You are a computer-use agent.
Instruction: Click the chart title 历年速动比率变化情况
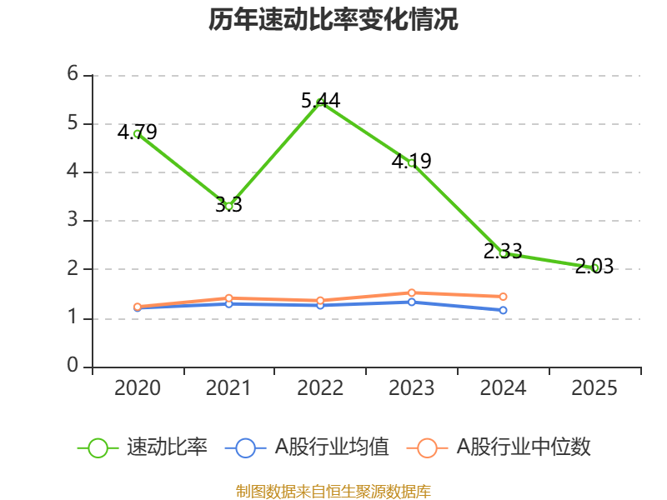point(333,20)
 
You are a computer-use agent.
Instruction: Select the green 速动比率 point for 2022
point(320,102)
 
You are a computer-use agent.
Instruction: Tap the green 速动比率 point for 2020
point(138,133)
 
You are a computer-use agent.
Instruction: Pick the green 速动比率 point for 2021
point(228,206)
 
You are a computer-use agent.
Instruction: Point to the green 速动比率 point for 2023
point(411,163)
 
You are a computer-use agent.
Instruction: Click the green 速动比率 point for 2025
point(594,267)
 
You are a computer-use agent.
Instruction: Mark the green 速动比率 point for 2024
point(503,252)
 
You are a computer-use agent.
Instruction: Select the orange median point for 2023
point(411,292)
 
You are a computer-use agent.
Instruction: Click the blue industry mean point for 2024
point(503,310)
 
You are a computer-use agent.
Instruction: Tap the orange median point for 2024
point(503,297)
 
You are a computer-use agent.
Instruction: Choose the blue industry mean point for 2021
point(228,303)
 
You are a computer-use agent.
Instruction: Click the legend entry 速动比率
point(143,447)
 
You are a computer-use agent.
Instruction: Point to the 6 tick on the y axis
point(73,75)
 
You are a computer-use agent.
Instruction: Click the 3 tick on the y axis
point(73,221)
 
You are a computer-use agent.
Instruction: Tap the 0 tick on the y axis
point(73,367)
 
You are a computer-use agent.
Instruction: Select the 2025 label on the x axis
point(594,388)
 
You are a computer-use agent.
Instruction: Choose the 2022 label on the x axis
point(320,388)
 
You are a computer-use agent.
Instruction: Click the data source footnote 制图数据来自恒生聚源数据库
point(333,491)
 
